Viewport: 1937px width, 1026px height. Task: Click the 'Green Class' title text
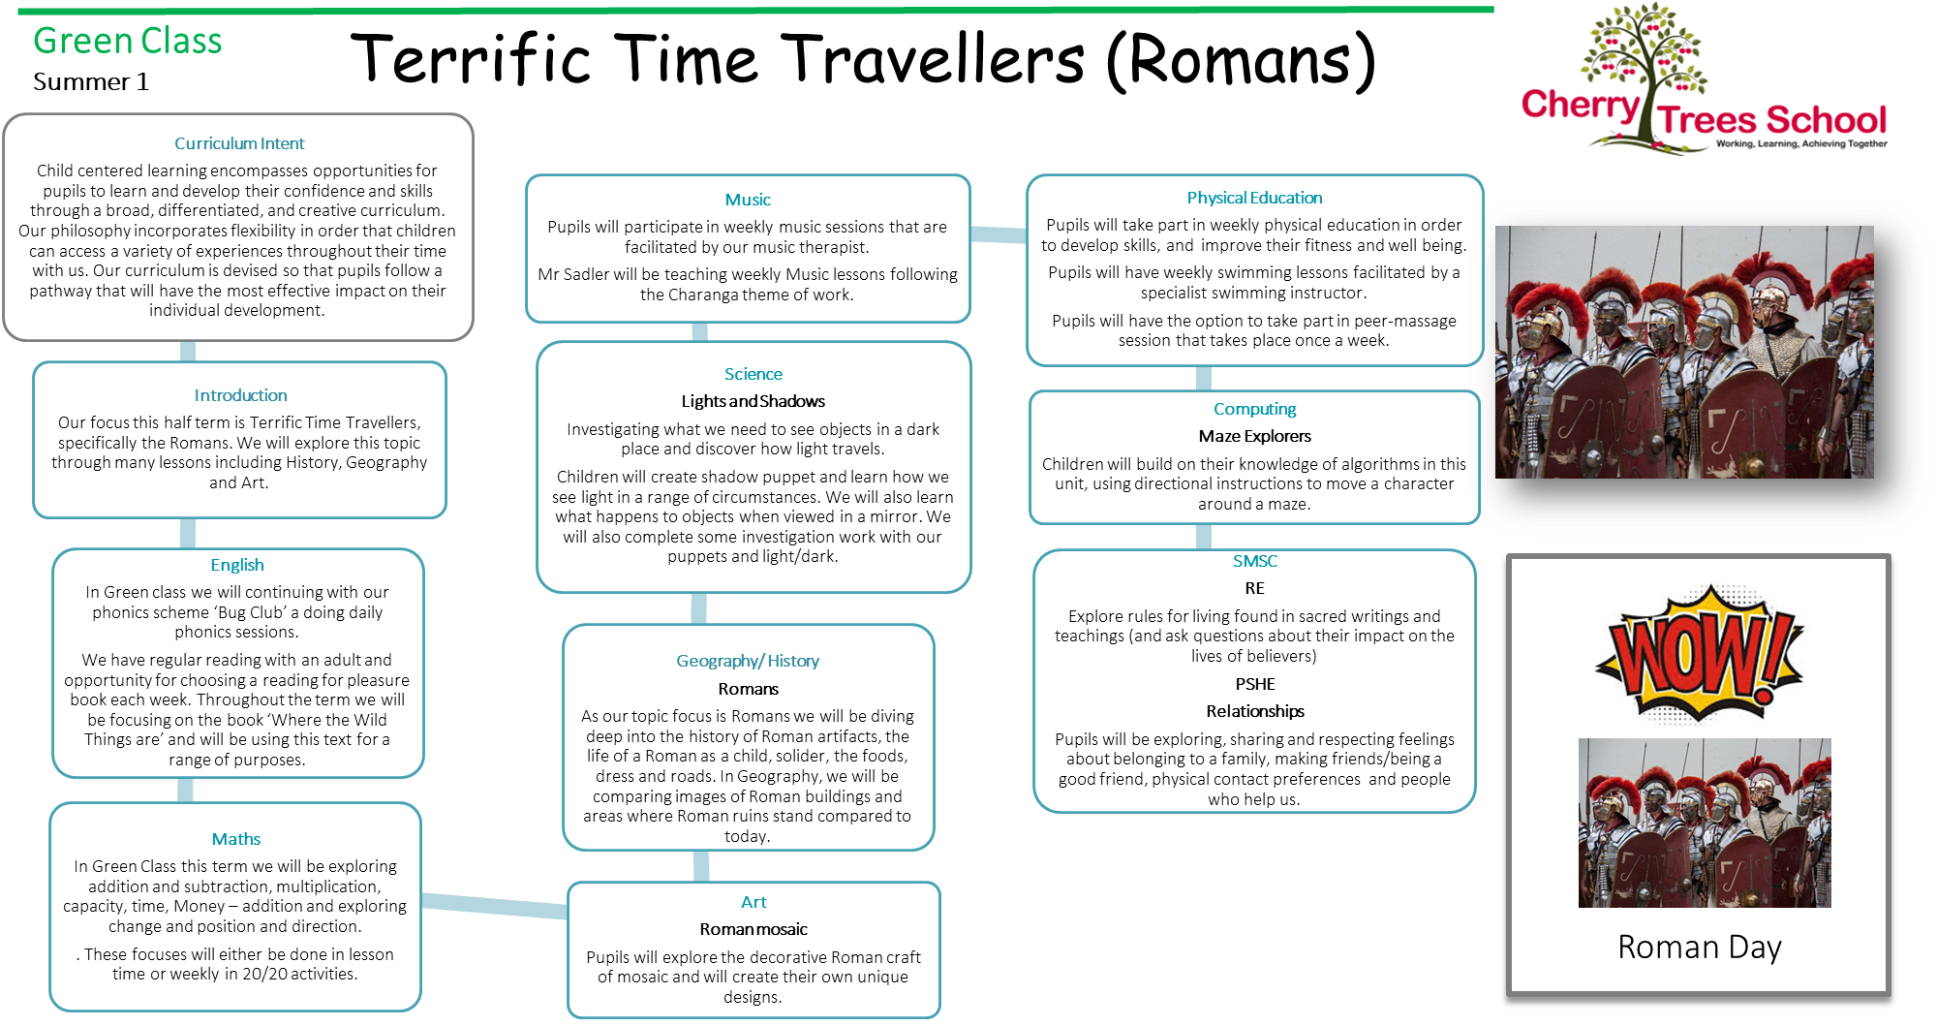coord(127,41)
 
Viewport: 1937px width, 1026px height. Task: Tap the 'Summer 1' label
coord(91,81)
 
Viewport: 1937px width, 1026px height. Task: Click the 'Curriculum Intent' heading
coord(239,143)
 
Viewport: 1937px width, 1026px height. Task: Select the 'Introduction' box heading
coord(240,395)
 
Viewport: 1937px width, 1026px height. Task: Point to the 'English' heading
coord(237,565)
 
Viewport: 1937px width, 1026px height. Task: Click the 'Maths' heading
coord(236,839)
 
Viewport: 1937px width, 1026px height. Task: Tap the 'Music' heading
coord(748,200)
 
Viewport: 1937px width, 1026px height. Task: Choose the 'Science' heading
coord(753,374)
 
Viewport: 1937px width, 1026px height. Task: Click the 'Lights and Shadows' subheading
coord(753,401)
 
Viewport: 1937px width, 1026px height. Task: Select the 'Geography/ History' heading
coord(748,661)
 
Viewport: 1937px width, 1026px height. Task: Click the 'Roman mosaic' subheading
coord(753,929)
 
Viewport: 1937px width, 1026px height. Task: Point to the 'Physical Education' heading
coord(1254,198)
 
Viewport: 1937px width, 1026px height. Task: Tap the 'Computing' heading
coord(1254,409)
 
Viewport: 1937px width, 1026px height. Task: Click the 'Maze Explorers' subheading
coord(1254,436)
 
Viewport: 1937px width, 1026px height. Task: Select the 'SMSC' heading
coord(1255,561)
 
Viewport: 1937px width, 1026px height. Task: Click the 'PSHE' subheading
coord(1255,684)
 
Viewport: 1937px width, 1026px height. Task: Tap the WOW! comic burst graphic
coord(1700,654)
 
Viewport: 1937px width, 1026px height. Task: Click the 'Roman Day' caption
coord(1700,947)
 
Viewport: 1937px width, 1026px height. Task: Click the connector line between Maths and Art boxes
coord(495,904)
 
